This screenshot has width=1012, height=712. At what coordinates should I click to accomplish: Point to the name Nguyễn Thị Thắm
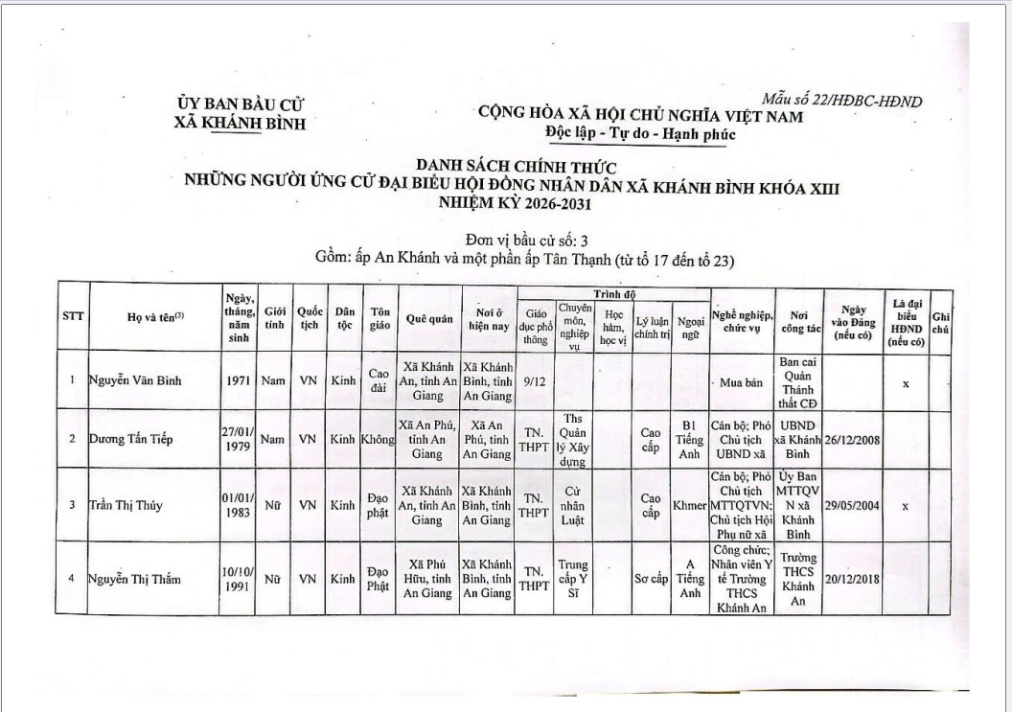click(x=134, y=578)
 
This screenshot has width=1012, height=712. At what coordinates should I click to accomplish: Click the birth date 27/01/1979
click(x=238, y=440)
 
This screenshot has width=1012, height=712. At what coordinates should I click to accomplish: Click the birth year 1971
click(x=239, y=380)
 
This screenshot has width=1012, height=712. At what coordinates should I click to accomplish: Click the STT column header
click(x=73, y=318)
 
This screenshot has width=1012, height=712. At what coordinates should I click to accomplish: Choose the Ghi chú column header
click(x=940, y=318)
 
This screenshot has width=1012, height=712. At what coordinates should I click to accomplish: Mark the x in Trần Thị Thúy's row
click(x=906, y=505)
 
